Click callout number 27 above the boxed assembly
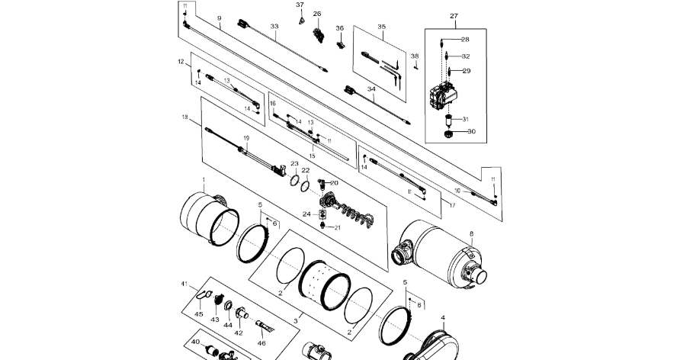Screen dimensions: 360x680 click(454, 16)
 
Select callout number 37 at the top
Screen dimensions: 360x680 click(300, 5)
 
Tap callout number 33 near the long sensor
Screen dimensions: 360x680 click(274, 27)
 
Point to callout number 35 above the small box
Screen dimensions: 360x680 click(382, 26)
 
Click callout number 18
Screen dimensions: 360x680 click(184, 117)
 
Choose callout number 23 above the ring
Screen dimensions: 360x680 click(294, 164)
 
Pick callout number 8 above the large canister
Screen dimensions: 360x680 click(471, 233)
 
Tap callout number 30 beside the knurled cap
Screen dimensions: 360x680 click(471, 131)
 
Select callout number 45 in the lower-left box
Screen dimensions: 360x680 click(198, 313)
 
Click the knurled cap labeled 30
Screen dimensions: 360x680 click(449, 135)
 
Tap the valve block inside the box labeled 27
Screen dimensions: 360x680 click(443, 98)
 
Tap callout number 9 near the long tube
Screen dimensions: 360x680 click(220, 18)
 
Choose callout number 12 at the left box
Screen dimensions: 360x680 click(181, 61)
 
